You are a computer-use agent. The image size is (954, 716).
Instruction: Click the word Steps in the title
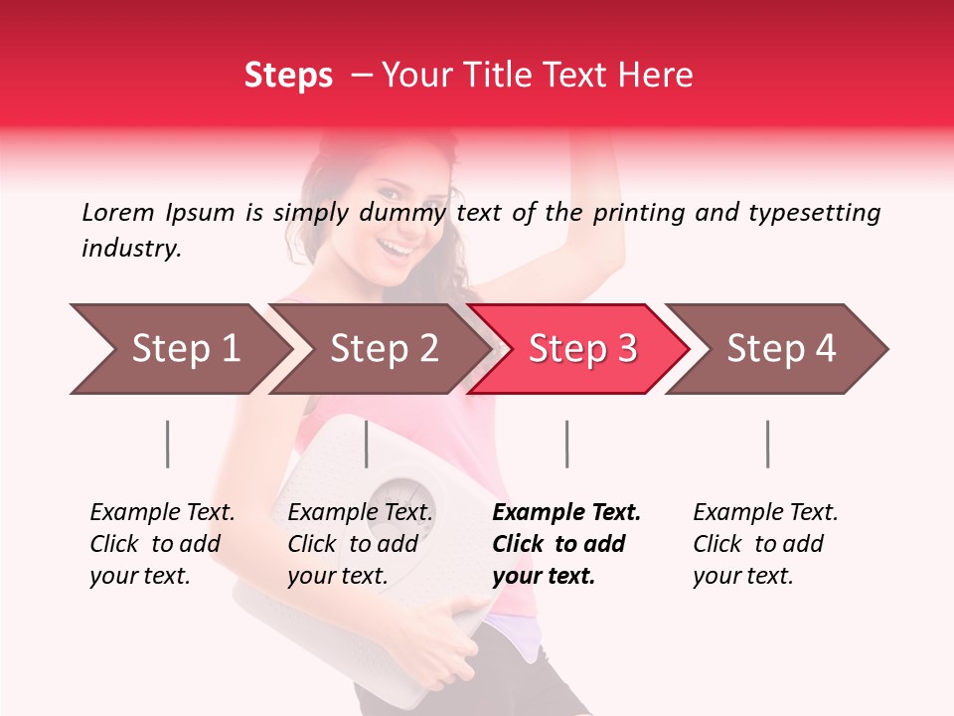coord(288,76)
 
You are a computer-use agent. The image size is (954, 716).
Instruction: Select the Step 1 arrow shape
coord(179,349)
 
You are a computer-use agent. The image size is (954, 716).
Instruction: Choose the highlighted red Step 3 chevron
coord(581,349)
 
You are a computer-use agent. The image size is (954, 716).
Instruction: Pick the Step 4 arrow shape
coord(780,349)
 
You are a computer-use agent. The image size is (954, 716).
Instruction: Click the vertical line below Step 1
coord(167,444)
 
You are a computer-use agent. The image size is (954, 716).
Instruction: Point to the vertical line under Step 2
coord(367,444)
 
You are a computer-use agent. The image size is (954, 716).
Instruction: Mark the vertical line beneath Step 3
coord(566,444)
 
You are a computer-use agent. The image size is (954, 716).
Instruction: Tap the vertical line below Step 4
coord(767,444)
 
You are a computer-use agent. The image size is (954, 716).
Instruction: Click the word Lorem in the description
coord(118,212)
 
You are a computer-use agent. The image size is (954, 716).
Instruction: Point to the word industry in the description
coord(130,249)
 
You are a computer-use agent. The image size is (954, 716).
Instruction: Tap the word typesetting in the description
coord(811,212)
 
